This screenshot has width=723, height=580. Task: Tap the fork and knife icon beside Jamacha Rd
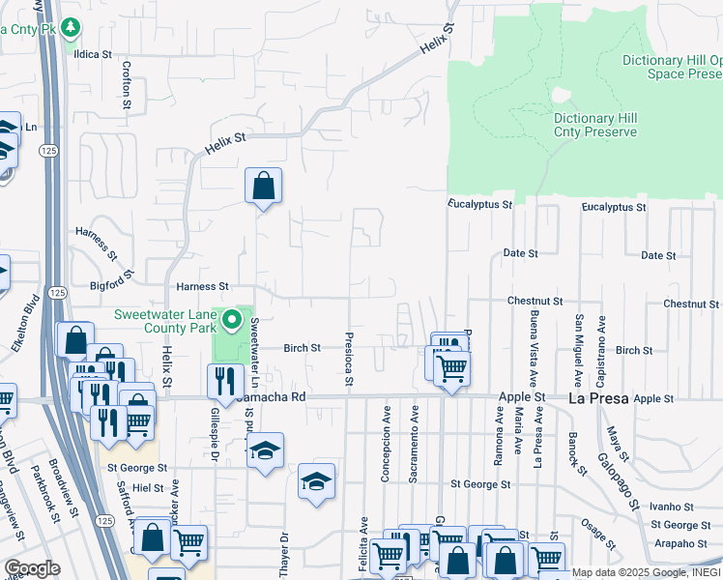tap(222, 380)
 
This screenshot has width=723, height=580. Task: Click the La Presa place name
tap(598, 397)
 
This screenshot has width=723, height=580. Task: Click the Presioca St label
tap(346, 358)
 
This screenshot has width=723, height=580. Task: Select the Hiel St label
tap(150, 488)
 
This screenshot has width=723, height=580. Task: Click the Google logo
tap(32, 568)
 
